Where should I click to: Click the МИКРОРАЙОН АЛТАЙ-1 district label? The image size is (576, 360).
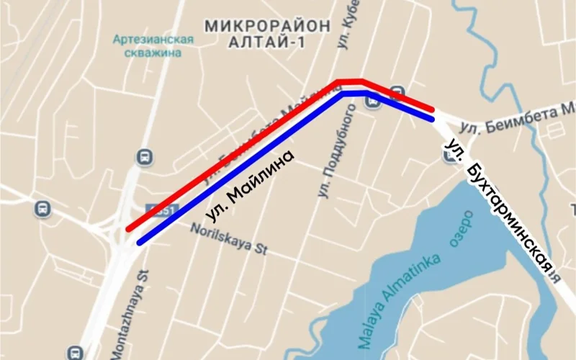click(268, 34)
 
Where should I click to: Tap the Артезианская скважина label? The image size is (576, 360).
click(153, 46)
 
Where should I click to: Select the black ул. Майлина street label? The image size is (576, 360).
click(250, 185)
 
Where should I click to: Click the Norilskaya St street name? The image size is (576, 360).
click(230, 240)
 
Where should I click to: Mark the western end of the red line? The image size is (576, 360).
click(128, 229)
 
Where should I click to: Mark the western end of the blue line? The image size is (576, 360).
click(139, 241)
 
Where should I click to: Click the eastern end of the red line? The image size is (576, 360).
click(432, 109)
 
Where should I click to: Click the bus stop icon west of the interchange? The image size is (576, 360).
click(42, 210)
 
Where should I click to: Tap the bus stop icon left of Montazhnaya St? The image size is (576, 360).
click(76, 353)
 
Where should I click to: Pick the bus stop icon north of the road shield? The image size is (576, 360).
click(145, 156)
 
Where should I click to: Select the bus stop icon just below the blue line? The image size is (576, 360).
click(373, 103)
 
